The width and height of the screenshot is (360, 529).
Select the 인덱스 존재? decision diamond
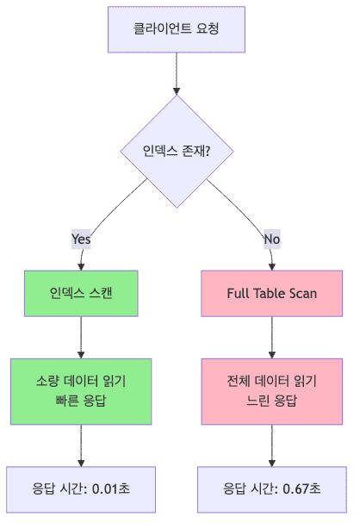(x=177, y=151)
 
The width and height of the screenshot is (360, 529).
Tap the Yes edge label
(x=81, y=239)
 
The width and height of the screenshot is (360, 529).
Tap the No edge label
(x=271, y=239)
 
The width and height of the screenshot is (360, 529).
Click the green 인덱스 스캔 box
(x=81, y=294)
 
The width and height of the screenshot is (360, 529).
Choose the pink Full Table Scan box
(x=272, y=294)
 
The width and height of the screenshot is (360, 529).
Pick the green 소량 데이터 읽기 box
(x=81, y=391)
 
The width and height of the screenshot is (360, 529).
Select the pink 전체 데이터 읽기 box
(x=272, y=391)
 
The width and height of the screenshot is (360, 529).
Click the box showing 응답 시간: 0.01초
(x=81, y=489)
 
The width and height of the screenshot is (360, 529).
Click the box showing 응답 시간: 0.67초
(x=272, y=489)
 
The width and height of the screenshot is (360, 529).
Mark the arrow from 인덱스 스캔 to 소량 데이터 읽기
(x=81, y=338)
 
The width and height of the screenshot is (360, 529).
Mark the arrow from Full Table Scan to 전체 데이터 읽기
(x=272, y=338)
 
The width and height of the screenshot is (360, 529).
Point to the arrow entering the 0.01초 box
(x=81, y=445)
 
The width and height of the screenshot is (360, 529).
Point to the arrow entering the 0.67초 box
(x=272, y=445)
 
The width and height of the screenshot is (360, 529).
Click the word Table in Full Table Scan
(x=273, y=294)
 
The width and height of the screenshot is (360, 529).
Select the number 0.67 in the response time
(x=295, y=489)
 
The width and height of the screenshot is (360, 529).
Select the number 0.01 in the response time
(x=103, y=489)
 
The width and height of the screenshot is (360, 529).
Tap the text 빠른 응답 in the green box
(x=81, y=401)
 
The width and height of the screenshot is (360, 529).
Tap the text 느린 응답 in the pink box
(x=272, y=401)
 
